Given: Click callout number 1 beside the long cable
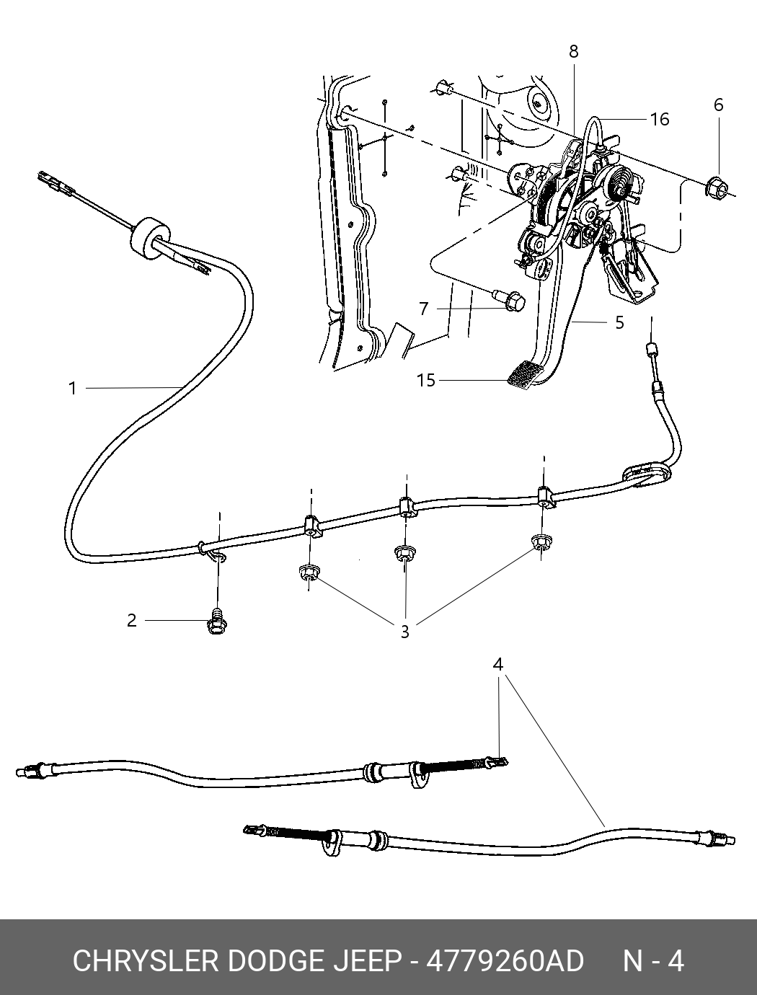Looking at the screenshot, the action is click(x=73, y=389).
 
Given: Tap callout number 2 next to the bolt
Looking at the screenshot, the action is click(x=131, y=621).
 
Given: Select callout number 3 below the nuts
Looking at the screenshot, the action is click(x=404, y=632).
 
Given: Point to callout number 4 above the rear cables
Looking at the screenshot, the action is click(x=497, y=665).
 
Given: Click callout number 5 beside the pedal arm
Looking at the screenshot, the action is click(x=619, y=323).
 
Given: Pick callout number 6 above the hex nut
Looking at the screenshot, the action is click(x=719, y=105).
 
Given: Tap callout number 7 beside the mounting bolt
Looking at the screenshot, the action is click(x=424, y=309).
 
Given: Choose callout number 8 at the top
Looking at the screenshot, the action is click(x=574, y=52).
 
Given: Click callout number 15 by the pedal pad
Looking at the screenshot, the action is click(x=426, y=380).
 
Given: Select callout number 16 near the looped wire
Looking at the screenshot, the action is click(x=660, y=119).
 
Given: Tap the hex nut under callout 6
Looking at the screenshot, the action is click(x=716, y=186).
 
